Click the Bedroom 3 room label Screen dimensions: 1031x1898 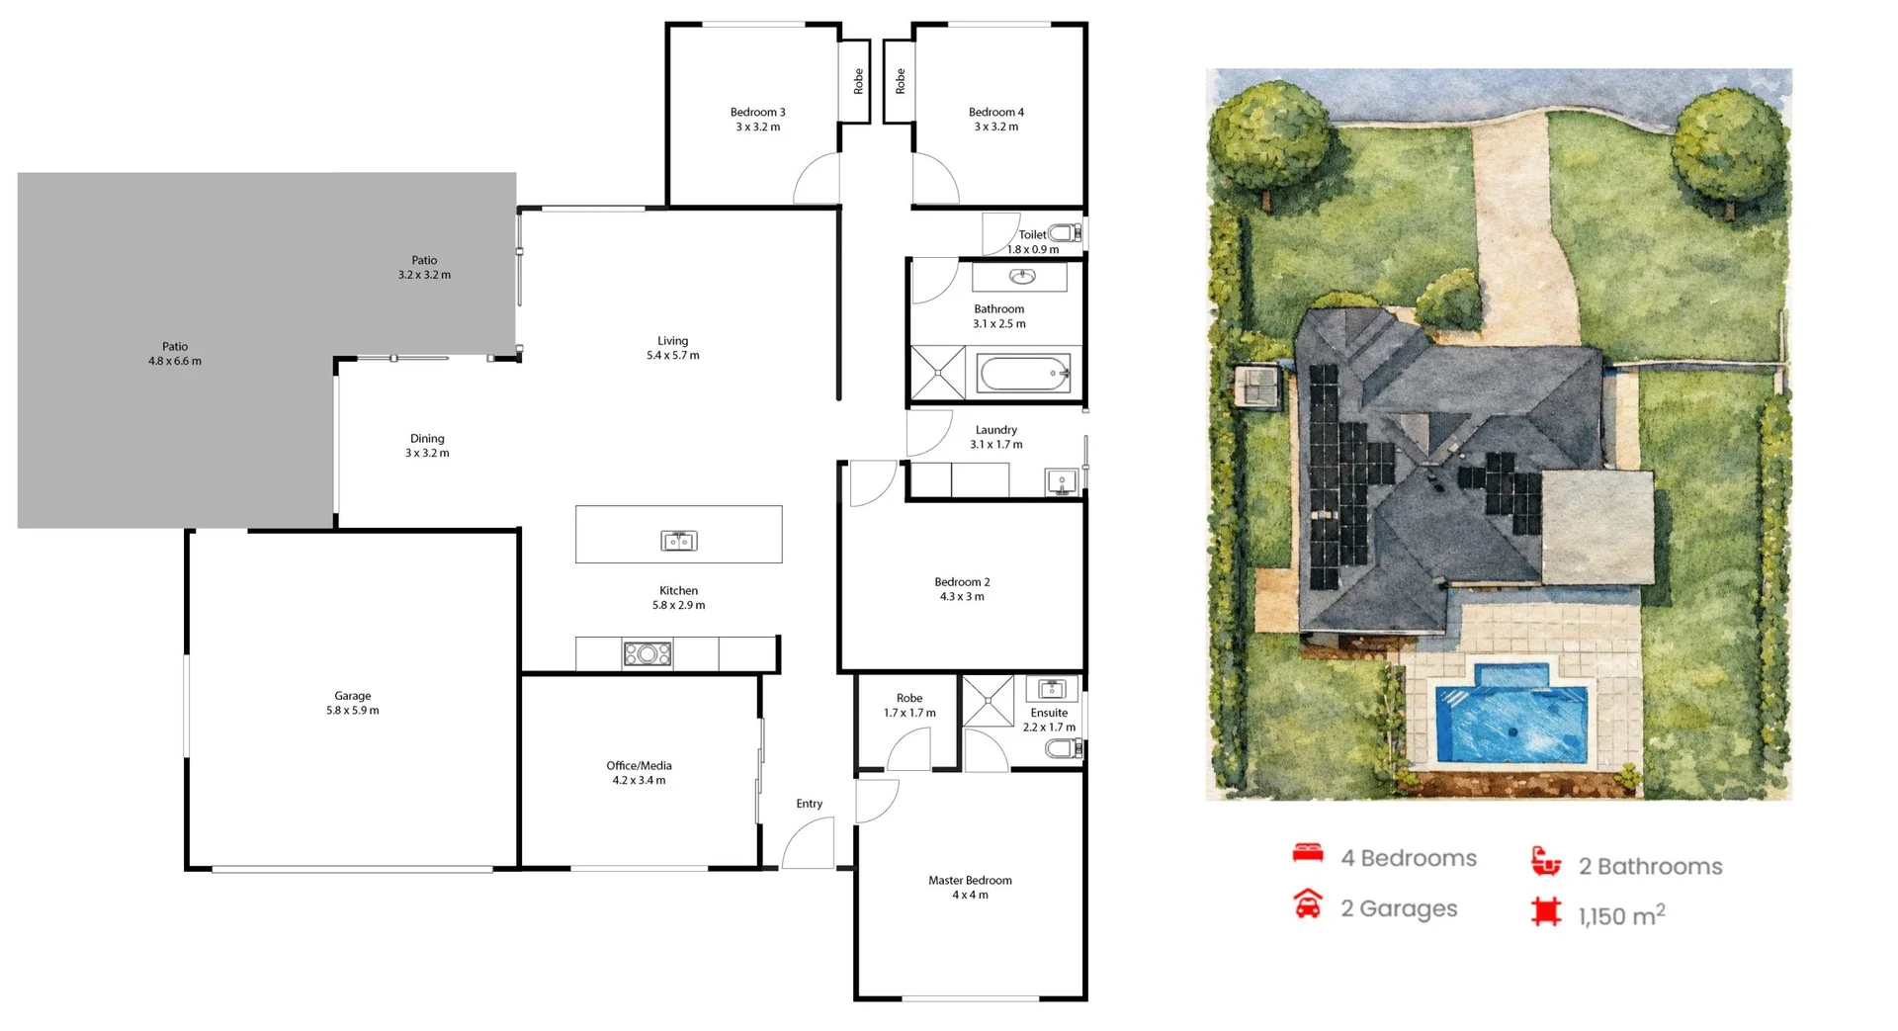757,119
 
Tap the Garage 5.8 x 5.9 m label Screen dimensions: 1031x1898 352,703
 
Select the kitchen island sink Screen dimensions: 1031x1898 678,541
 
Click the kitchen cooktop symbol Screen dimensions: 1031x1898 647,653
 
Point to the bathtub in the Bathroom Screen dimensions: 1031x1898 1023,374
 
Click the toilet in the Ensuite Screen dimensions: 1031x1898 1063,749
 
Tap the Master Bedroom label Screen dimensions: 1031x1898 970,887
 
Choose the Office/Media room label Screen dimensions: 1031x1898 639,772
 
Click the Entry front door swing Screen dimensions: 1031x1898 809,843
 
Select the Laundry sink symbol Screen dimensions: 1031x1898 1061,482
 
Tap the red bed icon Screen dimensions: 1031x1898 1307,853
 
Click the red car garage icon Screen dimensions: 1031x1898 1307,904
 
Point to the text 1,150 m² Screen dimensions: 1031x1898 1621,915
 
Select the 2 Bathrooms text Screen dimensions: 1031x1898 1650,866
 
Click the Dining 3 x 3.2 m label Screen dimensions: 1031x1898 427,445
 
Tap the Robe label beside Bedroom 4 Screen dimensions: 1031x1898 900,81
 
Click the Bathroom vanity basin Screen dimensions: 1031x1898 1021,276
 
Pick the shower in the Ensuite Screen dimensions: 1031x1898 988,701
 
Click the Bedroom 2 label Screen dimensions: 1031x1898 962,588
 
